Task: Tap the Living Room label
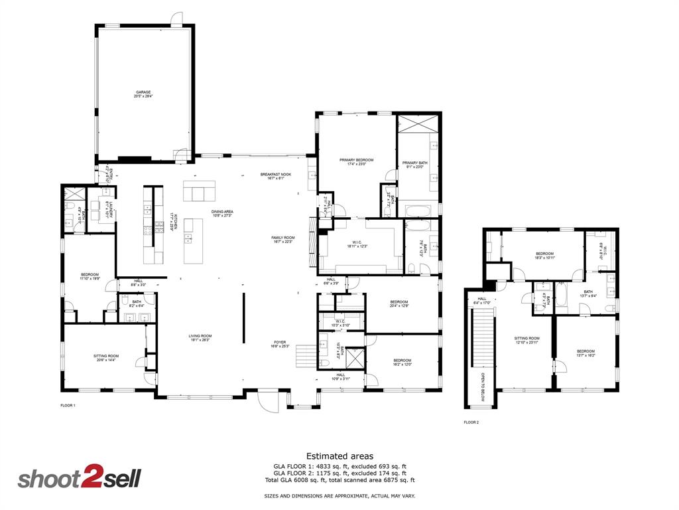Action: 200,337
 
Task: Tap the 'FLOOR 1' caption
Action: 68,405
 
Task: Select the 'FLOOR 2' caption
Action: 471,422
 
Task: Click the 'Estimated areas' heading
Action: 339,456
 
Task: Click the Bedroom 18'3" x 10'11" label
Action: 544,255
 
